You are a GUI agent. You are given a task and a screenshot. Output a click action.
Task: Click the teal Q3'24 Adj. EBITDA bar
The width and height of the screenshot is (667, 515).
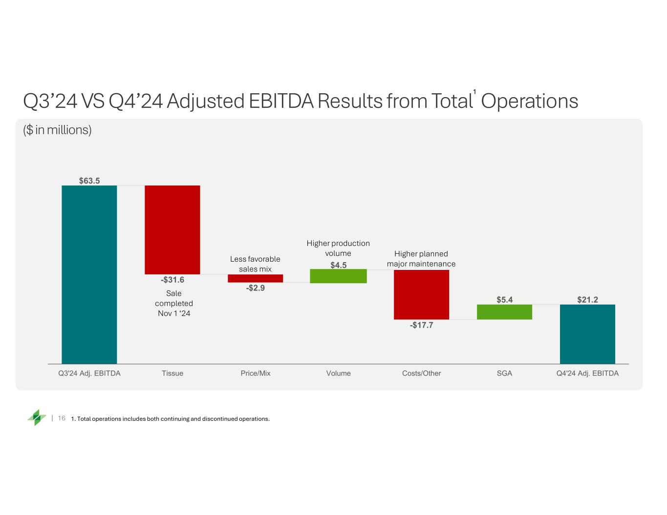click(x=89, y=274)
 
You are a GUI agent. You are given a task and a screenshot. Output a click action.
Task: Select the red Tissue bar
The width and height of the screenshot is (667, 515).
click(x=172, y=229)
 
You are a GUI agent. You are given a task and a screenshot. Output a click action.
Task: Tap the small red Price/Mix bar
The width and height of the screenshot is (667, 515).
click(x=255, y=278)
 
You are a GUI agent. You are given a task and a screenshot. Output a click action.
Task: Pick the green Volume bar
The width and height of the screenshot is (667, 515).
click(x=338, y=276)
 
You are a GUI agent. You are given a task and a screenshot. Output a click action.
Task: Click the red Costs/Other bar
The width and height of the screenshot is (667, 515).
click(x=421, y=294)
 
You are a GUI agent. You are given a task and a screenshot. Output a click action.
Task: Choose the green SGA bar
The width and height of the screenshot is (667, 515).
click(x=504, y=312)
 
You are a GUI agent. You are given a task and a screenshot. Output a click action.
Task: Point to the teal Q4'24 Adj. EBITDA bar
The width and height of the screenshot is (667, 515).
click(x=587, y=334)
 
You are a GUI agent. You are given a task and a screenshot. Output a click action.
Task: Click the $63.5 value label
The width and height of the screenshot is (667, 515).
click(x=89, y=181)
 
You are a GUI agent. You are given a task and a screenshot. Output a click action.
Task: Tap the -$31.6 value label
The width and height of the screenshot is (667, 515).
click(x=172, y=280)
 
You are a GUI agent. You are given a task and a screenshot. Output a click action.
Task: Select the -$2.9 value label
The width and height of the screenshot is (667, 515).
click(x=255, y=288)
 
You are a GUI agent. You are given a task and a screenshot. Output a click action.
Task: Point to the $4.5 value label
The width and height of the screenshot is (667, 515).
click(x=338, y=265)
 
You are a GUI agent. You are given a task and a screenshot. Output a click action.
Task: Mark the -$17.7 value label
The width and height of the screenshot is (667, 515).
click(x=421, y=325)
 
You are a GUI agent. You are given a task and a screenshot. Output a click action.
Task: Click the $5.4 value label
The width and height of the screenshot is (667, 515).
click(x=504, y=300)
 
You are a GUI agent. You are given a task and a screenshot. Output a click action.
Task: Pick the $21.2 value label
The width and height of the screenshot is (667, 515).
click(x=587, y=300)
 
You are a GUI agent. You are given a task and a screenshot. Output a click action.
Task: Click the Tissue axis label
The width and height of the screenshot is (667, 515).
click(x=172, y=373)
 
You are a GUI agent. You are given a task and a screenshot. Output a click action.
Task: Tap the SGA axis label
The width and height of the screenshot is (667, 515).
click(x=504, y=373)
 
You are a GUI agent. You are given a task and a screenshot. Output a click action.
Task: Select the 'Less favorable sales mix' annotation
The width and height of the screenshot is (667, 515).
click(x=255, y=264)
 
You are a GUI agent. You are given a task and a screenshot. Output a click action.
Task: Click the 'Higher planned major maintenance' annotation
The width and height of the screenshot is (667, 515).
click(x=421, y=259)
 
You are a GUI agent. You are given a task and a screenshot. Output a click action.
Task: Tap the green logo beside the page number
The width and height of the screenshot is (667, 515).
click(x=37, y=417)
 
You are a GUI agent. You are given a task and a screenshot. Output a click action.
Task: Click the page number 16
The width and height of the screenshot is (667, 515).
click(x=62, y=418)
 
